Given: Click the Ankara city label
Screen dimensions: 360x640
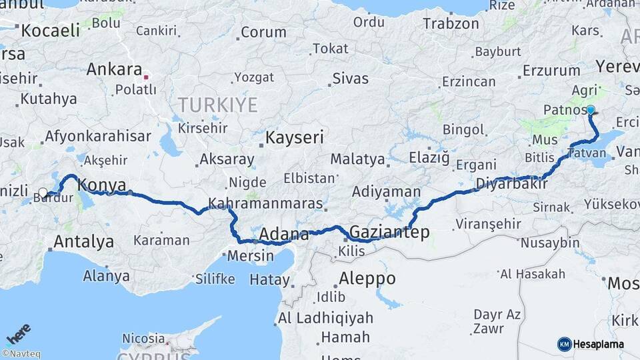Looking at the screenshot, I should click(114, 69).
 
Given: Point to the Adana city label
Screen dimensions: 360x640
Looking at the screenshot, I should click(283, 235).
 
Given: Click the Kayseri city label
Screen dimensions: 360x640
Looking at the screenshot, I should click(294, 138).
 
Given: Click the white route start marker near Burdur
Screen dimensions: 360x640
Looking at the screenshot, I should click(43, 193).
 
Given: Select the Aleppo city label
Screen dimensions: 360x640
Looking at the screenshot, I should click(367, 278).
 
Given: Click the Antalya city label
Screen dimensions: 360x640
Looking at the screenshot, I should click(83, 241).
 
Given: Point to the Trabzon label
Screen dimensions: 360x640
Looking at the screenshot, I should click(451, 23).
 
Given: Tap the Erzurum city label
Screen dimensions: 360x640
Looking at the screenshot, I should click(551, 69).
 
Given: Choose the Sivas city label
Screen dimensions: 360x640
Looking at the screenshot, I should click(351, 79).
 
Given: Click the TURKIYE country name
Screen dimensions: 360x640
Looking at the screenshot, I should click(217, 105).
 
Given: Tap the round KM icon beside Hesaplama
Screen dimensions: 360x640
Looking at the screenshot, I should click(564, 344).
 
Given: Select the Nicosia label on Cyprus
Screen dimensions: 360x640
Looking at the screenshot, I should click(143, 338).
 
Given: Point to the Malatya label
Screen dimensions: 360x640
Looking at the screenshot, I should click(357, 159).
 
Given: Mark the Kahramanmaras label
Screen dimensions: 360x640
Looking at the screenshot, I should click(265, 203).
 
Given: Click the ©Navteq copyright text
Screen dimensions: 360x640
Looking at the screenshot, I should click(21, 354).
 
